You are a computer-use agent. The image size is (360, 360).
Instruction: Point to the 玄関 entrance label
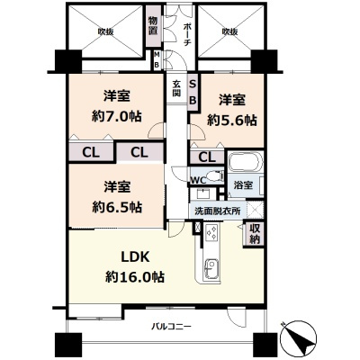(176, 89)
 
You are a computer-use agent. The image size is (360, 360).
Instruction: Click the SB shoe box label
(193, 90)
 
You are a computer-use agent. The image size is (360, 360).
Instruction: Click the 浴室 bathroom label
(240, 185)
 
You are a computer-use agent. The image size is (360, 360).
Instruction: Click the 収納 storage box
(254, 233)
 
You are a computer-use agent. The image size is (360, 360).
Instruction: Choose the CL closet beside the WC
(207, 157)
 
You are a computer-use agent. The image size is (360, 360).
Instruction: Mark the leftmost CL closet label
(91, 151)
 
